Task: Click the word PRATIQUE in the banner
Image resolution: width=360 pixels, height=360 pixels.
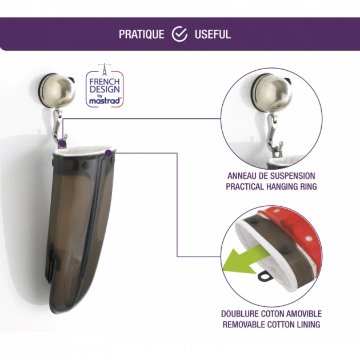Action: pos(142,34)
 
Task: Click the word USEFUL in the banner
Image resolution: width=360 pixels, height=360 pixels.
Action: pos(213,34)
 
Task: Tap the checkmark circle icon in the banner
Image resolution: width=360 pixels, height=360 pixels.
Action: pos(179,34)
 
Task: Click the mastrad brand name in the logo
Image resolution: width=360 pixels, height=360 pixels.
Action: pos(105,101)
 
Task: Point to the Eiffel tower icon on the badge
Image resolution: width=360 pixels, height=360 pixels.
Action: pos(105,69)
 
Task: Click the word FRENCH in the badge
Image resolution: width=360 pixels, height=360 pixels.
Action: pos(105,82)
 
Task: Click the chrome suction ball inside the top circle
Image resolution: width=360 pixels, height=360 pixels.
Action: pos(273,93)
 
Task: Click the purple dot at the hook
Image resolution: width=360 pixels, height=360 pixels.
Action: pos(62,144)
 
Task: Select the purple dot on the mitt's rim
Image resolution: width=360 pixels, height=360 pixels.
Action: pos(109,153)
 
